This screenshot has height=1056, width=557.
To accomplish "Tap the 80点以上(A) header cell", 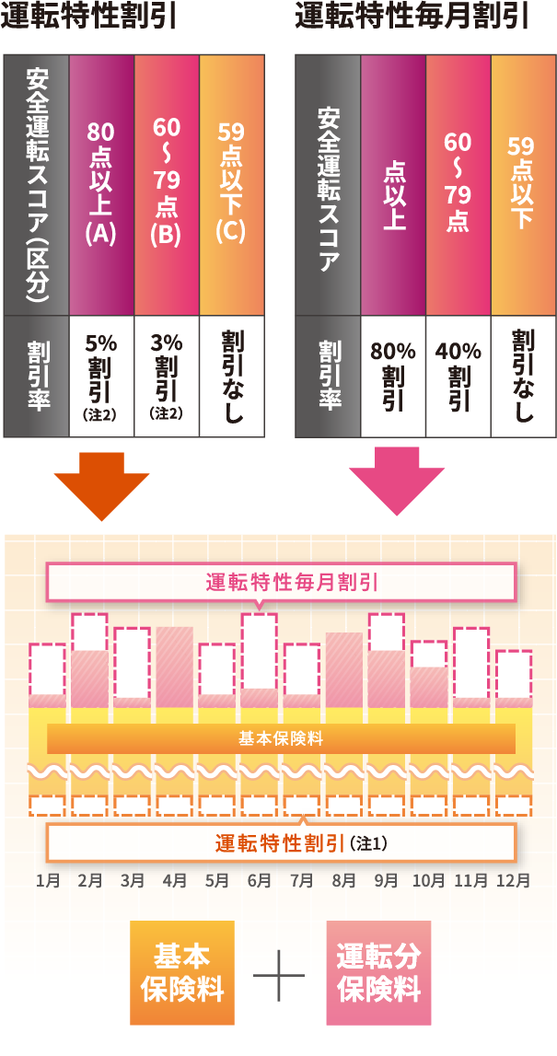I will tap(101, 184).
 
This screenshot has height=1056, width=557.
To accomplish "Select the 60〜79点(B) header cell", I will tap(167, 184).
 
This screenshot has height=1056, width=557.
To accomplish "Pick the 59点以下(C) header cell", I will tap(231, 184).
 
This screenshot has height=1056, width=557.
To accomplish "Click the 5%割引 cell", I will tap(101, 376).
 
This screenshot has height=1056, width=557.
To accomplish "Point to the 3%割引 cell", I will tap(167, 376).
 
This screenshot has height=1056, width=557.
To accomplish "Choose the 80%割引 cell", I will tap(393, 376).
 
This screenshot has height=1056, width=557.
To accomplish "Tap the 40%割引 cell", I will tap(458, 376).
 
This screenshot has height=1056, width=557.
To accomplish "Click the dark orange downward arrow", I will tap(101, 483).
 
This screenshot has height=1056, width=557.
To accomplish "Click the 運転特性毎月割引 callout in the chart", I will tap(280, 582).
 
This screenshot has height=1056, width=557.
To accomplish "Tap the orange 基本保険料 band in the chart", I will tap(280, 738).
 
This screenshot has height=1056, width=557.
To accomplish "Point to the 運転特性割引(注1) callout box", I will tap(280, 841).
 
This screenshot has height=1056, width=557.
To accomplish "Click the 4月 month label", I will tap(174, 880).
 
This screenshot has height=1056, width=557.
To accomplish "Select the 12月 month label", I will tap(513, 880).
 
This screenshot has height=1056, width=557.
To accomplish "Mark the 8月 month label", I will tap(343, 880).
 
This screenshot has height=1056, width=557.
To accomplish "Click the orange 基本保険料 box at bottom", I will tap(181, 972).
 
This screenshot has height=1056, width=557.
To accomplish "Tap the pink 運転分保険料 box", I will tap(378, 972).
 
